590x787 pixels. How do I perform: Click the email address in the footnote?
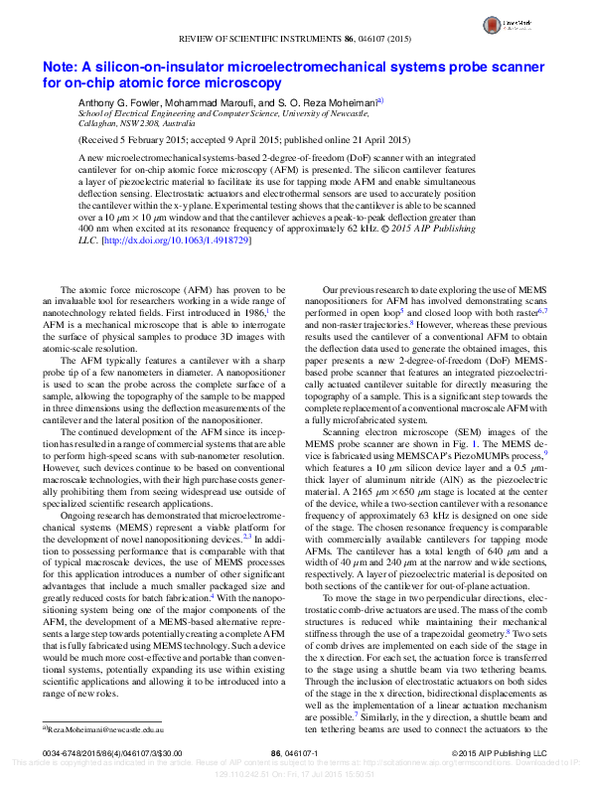pyautogui.click(x=96, y=728)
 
